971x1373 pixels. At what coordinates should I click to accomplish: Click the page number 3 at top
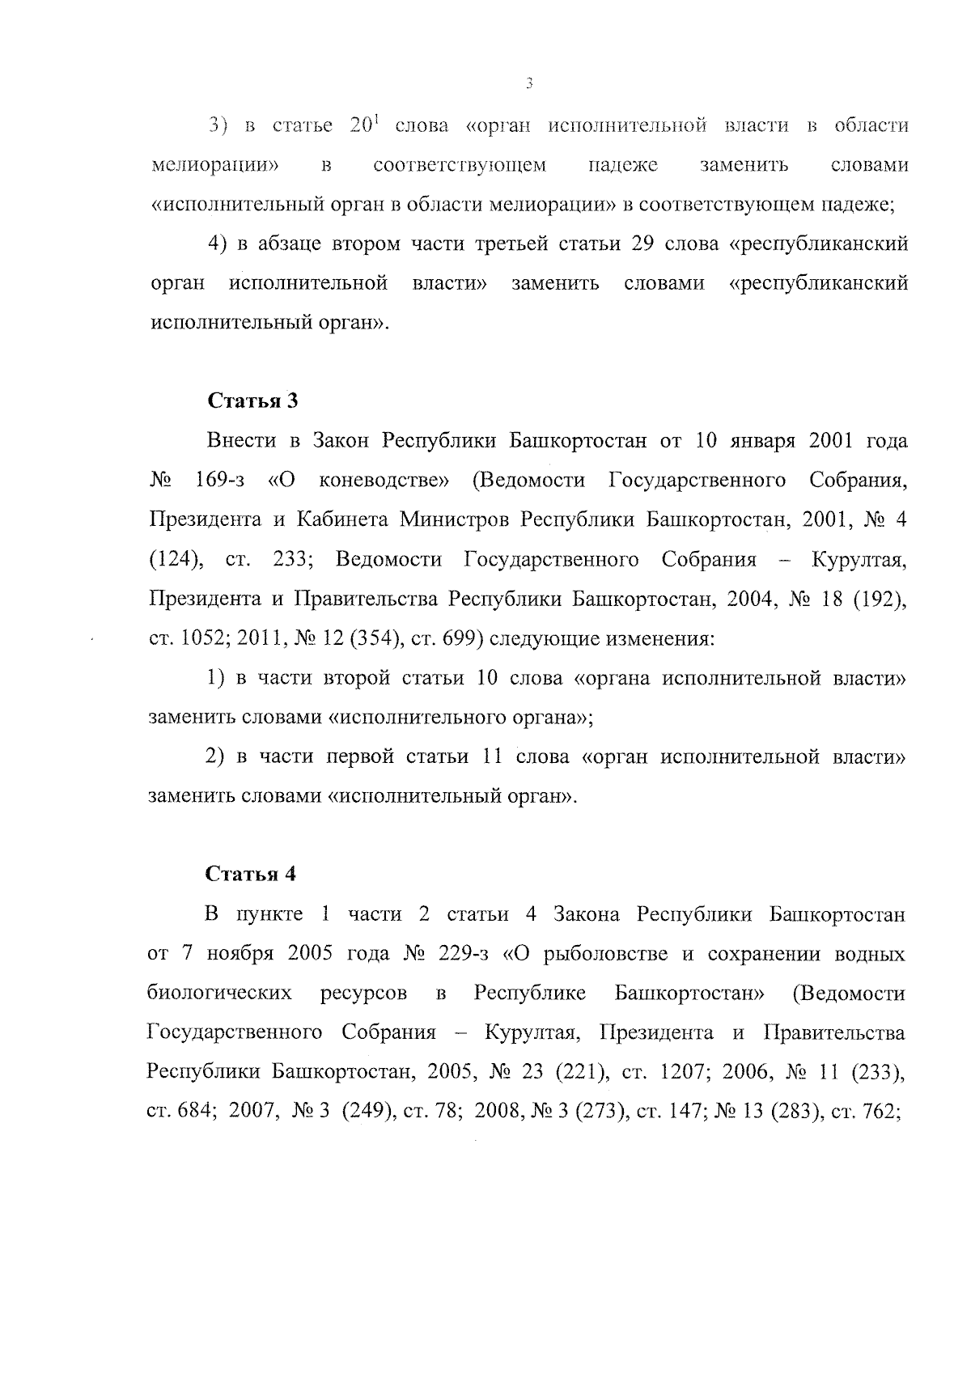(528, 83)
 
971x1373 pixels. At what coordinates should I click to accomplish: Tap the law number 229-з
(463, 954)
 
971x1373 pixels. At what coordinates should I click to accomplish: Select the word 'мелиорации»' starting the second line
(215, 166)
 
